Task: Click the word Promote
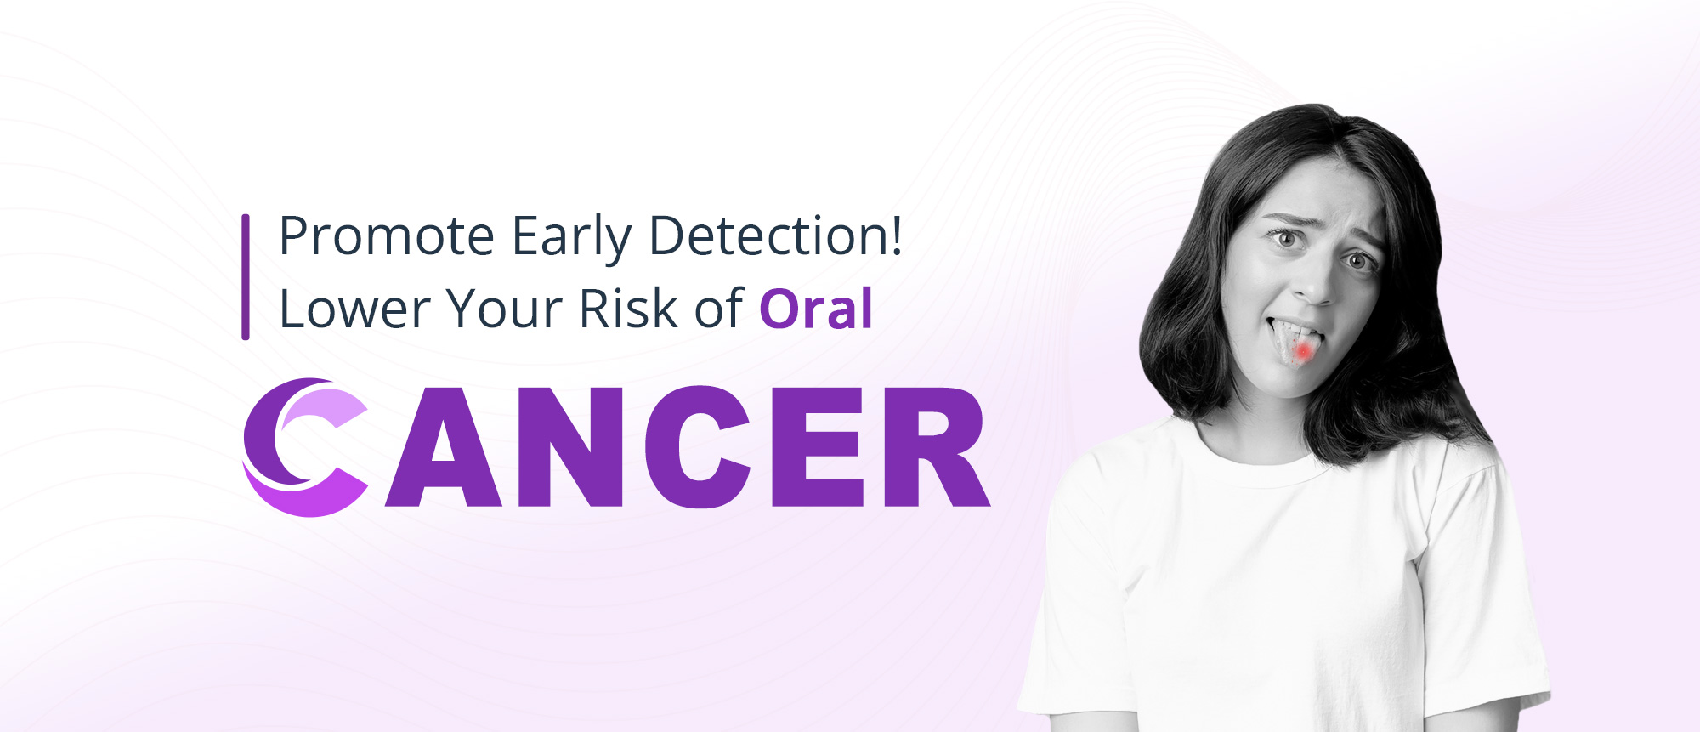(x=387, y=236)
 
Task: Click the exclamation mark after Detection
(x=894, y=234)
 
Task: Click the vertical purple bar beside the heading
(x=246, y=277)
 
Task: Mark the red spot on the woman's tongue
(x=1302, y=349)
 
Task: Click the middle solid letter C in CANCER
(x=697, y=447)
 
